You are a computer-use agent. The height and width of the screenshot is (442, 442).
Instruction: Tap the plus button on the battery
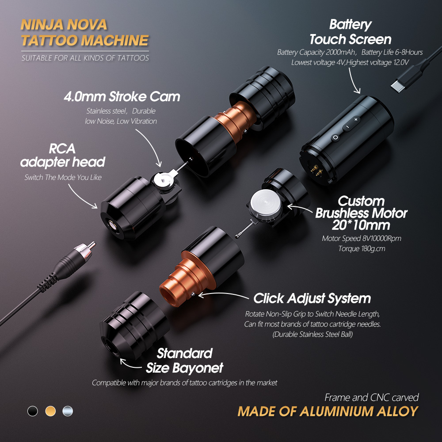356,119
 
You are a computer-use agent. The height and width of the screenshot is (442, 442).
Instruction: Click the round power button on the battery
335,137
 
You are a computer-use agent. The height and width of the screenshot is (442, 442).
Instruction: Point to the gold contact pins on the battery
316,170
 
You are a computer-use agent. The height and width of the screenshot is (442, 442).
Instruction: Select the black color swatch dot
32,411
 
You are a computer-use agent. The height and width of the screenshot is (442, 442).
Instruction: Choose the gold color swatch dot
50,411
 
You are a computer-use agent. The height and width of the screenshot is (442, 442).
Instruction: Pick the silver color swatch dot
68,411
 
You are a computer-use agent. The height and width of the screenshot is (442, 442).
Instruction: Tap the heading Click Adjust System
312,298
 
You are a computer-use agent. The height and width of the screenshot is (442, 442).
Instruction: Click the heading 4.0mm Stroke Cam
122,97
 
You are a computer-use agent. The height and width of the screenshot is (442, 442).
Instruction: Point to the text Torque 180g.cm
362,248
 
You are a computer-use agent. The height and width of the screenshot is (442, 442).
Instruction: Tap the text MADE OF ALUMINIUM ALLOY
328,411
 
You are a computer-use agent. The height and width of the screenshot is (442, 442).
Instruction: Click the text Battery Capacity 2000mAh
316,53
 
